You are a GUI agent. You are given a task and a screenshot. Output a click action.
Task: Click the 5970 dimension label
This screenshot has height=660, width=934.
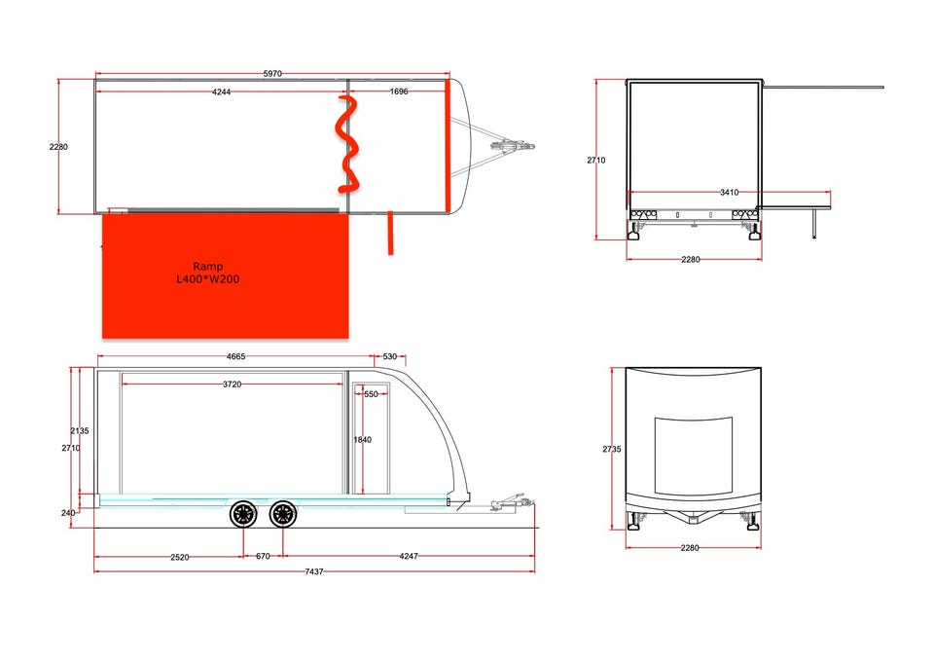(x=272, y=74)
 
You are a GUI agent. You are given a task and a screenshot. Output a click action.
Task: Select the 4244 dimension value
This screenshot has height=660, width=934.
(x=221, y=92)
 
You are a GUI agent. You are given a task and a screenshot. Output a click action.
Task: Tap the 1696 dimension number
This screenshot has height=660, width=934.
(x=399, y=92)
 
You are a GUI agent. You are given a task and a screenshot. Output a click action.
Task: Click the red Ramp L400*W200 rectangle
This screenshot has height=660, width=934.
(x=225, y=276)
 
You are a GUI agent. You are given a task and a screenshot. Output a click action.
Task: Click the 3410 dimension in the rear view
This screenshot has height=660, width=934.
(x=729, y=192)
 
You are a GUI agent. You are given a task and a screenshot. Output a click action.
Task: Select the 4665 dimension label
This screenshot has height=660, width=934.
(x=235, y=356)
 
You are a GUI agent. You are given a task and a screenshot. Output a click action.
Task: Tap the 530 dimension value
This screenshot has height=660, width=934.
(x=389, y=356)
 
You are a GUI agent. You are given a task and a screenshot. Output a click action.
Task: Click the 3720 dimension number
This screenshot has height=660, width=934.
(x=233, y=385)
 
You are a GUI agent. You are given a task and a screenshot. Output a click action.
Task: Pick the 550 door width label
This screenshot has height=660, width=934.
(x=371, y=394)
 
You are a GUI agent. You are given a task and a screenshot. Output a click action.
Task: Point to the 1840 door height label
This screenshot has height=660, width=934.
(x=362, y=439)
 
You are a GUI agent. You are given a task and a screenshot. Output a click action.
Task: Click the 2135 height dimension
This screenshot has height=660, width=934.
(x=80, y=430)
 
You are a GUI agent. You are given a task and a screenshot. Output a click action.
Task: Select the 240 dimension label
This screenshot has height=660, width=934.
(x=68, y=513)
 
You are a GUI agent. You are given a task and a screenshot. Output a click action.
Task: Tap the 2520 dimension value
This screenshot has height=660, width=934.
(x=180, y=558)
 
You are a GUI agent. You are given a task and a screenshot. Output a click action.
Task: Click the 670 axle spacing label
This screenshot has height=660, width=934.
(x=263, y=556)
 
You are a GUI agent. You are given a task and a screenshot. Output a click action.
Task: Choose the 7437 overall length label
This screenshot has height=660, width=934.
(x=314, y=571)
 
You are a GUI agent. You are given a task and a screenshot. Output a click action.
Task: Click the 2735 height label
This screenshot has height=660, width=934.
(x=612, y=449)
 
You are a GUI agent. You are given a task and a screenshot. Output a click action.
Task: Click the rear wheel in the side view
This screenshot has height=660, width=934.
(x=243, y=515)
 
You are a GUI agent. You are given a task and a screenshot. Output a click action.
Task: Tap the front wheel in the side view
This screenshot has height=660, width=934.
(x=283, y=515)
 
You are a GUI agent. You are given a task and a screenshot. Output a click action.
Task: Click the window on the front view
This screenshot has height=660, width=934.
(x=694, y=457)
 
